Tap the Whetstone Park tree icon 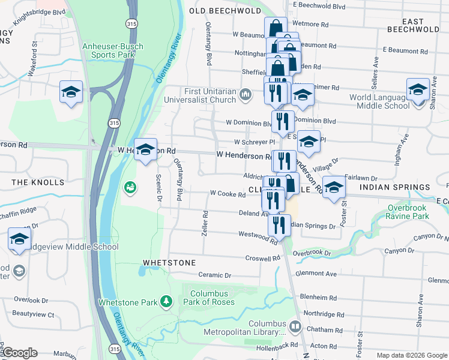[167, 301]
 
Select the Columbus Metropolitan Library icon [295, 326]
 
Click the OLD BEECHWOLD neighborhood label [225, 11]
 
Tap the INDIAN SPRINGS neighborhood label [395, 188]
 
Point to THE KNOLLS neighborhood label [37, 182]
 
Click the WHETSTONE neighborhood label [169, 263]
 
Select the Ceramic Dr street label [215, 275]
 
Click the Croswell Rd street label [263, 259]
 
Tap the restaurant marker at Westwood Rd [279, 226]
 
